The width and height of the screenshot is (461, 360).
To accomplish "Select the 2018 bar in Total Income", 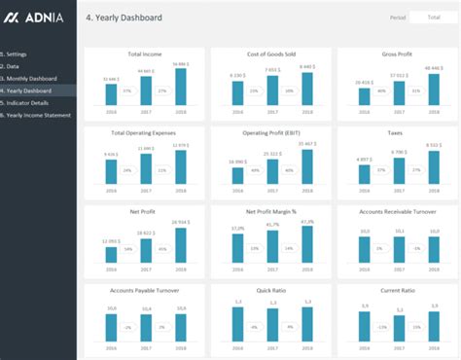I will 180,86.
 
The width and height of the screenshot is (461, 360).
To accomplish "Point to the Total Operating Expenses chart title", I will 144,131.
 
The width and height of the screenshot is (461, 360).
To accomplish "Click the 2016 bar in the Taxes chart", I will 363,173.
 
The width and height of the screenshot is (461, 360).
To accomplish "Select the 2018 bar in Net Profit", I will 180,243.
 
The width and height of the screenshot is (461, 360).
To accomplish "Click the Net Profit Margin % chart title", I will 271,209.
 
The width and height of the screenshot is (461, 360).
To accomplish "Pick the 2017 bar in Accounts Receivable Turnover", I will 398,249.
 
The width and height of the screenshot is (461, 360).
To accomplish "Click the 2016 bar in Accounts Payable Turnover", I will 111,328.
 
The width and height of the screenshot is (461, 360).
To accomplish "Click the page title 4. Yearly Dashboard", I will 124,18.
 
